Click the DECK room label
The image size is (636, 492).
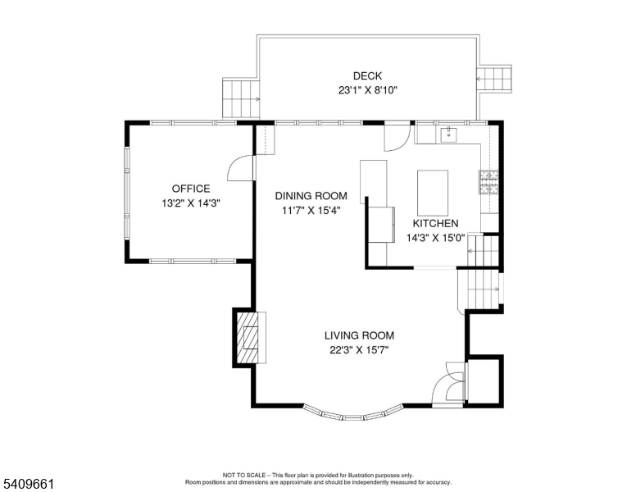point(367,76)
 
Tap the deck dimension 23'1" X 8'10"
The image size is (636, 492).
point(368,91)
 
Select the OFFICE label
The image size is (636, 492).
point(191,189)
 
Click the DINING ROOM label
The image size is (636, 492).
point(311,196)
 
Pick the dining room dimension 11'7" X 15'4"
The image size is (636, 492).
point(311,211)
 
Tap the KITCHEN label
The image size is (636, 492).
point(435,224)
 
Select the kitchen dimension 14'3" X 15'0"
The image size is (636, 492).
point(435,239)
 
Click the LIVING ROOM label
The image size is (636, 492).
point(359,335)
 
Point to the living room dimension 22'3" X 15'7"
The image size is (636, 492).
point(359,350)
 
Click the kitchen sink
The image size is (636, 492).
point(448,134)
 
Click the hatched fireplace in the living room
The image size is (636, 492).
point(248,337)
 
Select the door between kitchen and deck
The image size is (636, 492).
point(397,134)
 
